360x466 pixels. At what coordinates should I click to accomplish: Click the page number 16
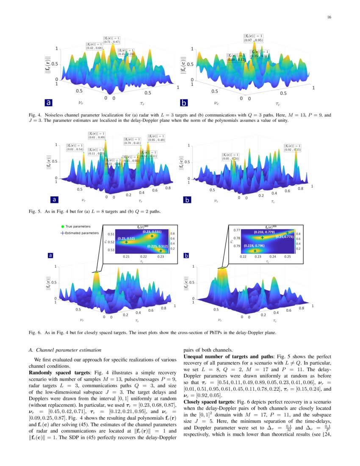click(x=329, y=17)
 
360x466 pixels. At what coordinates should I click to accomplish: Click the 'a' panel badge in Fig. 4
click(x=49, y=103)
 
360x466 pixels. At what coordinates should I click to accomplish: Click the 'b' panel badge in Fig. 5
click(x=188, y=199)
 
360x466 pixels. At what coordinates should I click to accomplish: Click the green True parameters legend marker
click(x=63, y=227)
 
